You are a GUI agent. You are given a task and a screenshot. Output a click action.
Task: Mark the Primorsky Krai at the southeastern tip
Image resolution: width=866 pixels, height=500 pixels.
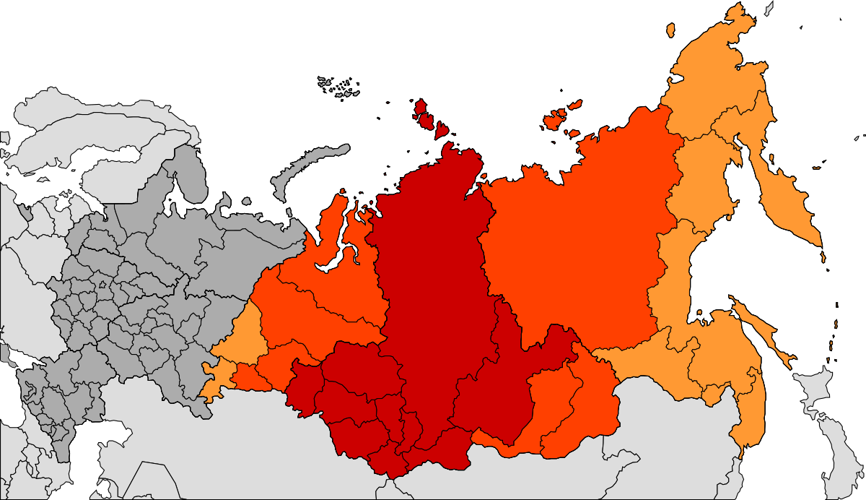pyautogui.click(x=747, y=412)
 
